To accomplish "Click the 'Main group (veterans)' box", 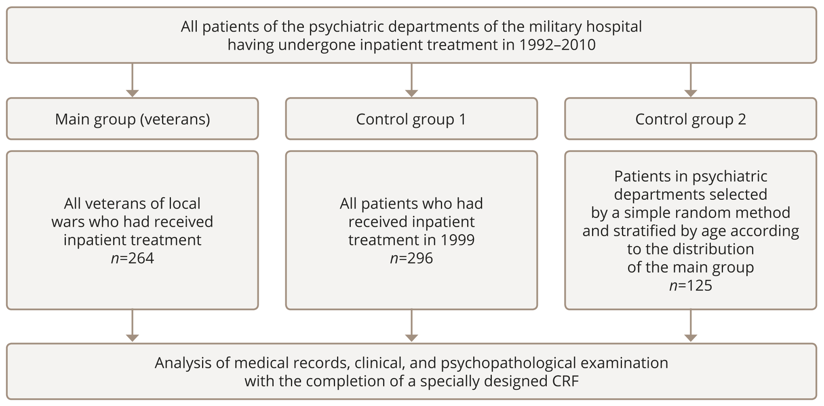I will click(x=133, y=119).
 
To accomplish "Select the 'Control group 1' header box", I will click(x=411, y=119).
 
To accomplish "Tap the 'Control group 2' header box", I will click(x=690, y=119).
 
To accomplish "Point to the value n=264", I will click(x=133, y=258).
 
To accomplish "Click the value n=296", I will click(x=411, y=258).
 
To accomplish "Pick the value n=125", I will click(x=691, y=285).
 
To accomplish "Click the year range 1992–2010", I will click(x=557, y=44).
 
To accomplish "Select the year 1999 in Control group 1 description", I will click(x=457, y=240).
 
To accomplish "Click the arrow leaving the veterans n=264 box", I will click(x=133, y=326).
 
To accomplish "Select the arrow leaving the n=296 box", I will click(x=411, y=326).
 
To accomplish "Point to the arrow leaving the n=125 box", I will click(x=691, y=326).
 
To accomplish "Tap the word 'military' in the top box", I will click(x=555, y=27).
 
